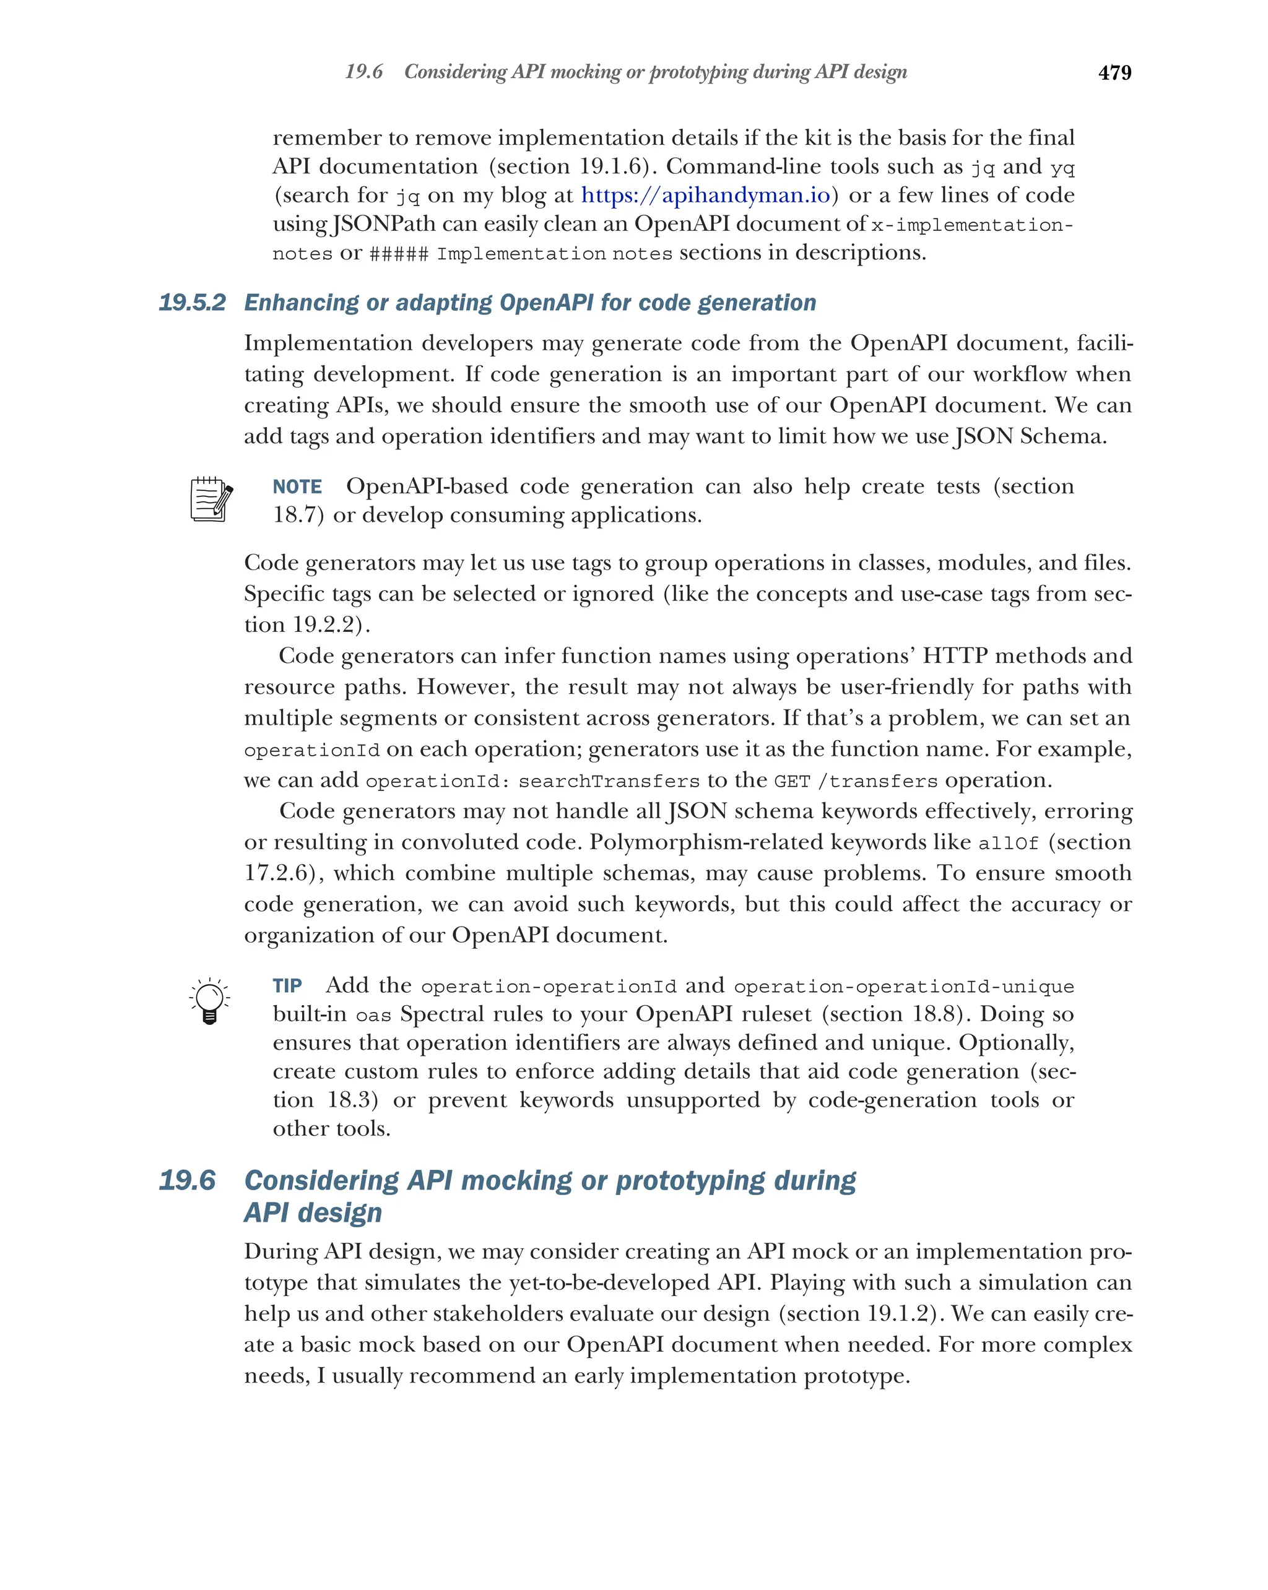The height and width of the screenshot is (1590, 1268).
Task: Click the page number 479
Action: coord(1114,73)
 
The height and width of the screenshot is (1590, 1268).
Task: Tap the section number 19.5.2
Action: coord(192,303)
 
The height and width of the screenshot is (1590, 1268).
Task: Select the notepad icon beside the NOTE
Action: coord(211,499)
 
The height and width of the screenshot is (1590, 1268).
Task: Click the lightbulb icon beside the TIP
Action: coord(209,1001)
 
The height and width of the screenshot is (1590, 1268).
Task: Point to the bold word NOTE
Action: coord(297,486)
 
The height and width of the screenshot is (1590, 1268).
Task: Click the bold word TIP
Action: coord(287,986)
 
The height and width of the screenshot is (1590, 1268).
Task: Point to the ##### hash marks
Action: coord(398,254)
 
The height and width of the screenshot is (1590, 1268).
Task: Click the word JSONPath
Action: coord(384,224)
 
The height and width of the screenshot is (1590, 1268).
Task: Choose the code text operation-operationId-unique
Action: coord(903,987)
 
